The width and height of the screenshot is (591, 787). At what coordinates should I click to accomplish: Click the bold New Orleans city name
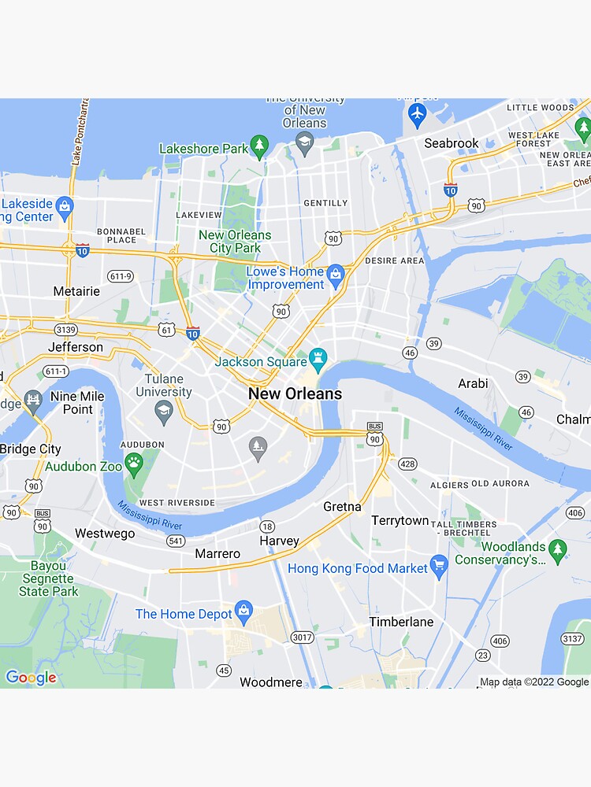295,393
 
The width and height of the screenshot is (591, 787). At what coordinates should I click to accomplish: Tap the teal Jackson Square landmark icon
318,360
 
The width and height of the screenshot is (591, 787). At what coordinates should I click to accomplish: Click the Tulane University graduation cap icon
163,409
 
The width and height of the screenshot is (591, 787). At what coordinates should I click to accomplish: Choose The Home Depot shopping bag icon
244,611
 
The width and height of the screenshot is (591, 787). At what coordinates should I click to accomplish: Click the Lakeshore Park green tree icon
259,146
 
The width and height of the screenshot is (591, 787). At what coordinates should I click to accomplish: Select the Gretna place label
342,507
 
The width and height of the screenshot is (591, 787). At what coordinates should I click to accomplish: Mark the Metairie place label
76,291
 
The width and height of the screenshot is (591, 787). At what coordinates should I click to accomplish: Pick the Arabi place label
473,384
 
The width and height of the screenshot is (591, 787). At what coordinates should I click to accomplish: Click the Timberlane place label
401,622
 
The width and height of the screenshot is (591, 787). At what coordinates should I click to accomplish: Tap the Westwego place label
105,534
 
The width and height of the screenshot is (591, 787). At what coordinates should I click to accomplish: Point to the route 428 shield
407,464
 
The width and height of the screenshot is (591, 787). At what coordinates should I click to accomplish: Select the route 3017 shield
302,637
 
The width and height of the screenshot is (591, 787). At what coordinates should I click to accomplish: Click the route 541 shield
175,541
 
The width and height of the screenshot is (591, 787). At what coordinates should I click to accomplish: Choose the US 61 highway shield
166,329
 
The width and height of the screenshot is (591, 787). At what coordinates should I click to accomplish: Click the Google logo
31,678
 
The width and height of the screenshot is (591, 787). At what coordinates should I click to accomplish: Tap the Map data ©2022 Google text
533,682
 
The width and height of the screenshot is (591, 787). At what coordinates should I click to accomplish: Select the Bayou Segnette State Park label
49,578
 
